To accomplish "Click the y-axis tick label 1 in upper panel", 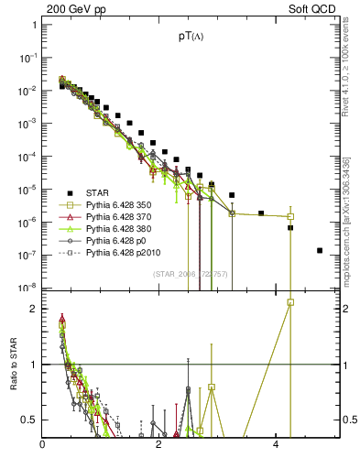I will click(34, 25).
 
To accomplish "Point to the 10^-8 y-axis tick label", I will click(29, 288).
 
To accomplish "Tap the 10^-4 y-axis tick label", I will click(29, 156).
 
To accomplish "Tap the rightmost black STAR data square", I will click(320, 250).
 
